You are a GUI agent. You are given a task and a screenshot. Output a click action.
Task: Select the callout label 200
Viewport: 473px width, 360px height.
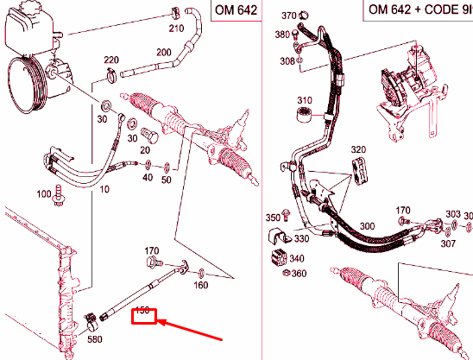[x=162, y=53]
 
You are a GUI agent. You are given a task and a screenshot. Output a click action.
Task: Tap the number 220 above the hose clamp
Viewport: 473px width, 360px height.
[x=110, y=60]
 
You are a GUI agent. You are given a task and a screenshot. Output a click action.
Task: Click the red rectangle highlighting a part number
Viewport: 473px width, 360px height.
[x=143, y=314]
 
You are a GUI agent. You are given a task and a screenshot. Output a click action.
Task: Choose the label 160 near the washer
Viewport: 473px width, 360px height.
[x=200, y=284]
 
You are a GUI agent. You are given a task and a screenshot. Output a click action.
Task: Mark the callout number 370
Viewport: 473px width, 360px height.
[x=289, y=16]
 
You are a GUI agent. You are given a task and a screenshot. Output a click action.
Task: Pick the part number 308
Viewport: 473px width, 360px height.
[x=287, y=61]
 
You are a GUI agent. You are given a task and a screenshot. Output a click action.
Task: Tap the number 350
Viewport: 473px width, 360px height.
[x=273, y=217]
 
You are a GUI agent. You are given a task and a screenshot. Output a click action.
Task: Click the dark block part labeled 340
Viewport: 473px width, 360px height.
[x=280, y=256]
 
